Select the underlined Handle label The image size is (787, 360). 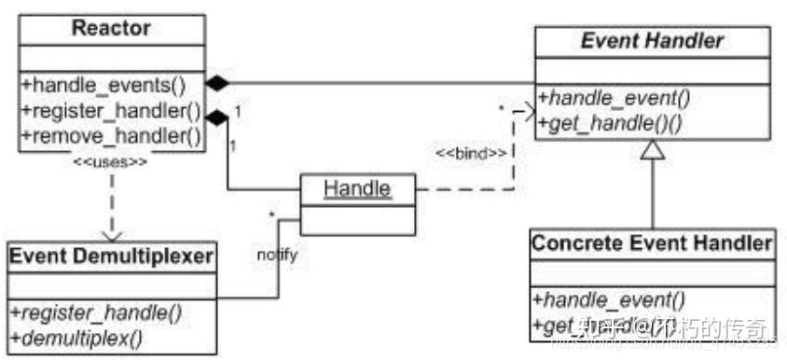pyautogui.click(x=357, y=188)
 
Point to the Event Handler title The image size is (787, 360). pyautogui.click(x=652, y=40)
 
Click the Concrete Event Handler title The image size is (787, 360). pyautogui.click(x=651, y=243)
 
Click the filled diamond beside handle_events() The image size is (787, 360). pyautogui.click(x=216, y=84)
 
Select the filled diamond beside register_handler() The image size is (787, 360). pyautogui.click(x=216, y=117)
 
